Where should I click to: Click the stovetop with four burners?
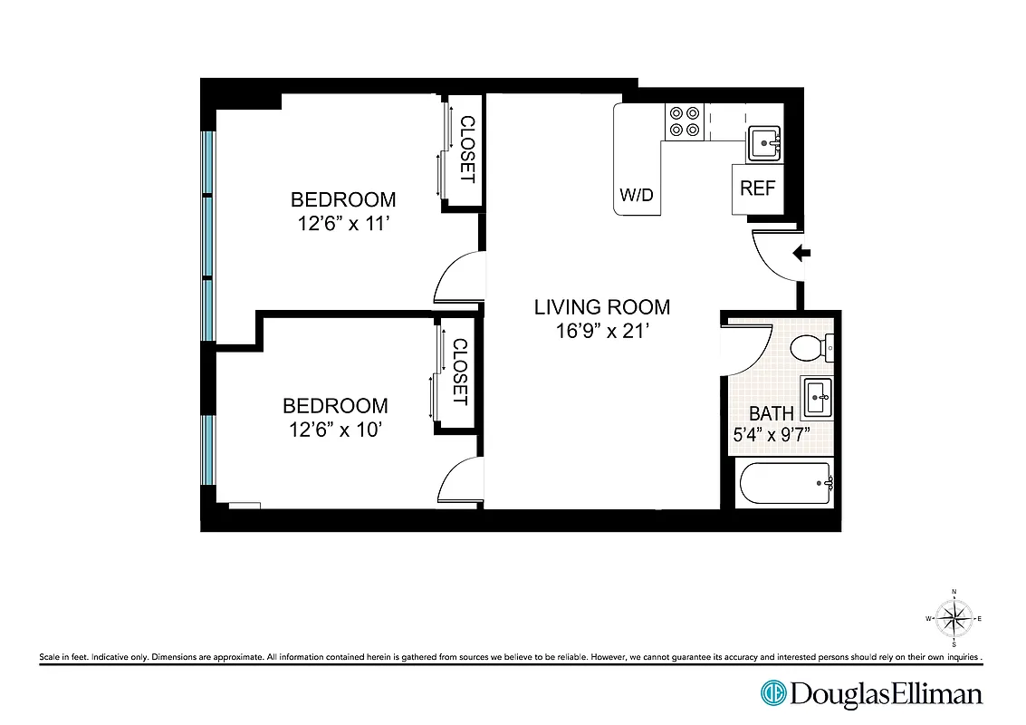685,121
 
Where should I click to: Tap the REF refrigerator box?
758,188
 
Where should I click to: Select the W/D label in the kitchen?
637,195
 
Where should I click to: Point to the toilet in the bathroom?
809,347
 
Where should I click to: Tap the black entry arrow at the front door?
801,254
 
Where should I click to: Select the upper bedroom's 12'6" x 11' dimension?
343,224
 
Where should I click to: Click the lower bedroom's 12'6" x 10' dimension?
335,430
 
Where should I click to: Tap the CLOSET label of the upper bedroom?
467,150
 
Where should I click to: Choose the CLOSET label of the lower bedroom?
459,372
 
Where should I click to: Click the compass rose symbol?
954,619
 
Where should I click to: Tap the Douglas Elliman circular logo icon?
773,694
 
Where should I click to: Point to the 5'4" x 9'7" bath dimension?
771,435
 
